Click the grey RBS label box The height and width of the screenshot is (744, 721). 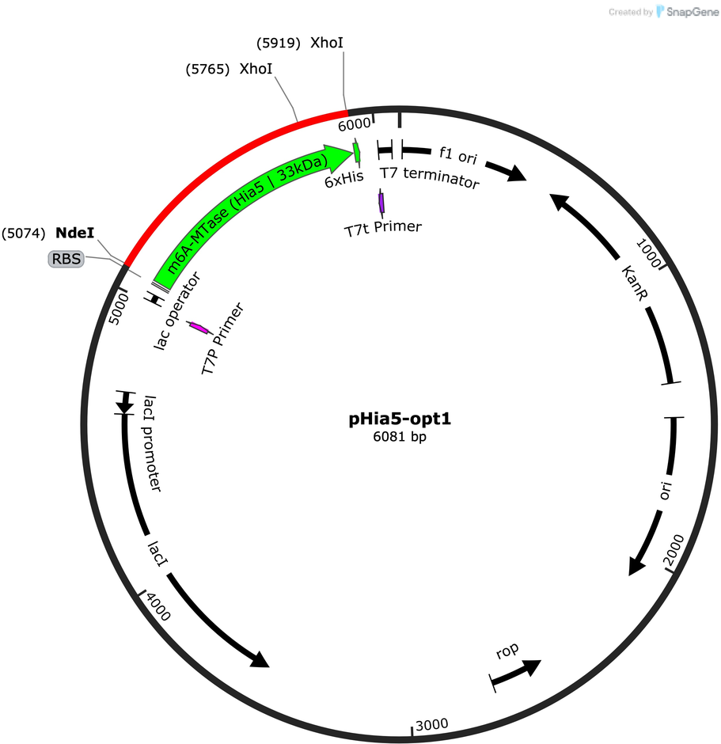[66, 259]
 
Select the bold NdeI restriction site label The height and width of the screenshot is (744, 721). [75, 233]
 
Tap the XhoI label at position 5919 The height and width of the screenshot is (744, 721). [327, 43]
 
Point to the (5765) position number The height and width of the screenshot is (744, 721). [208, 70]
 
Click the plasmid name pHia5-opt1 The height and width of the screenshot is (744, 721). [400, 419]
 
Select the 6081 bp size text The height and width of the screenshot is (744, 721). [400, 437]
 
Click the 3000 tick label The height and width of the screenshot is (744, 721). [431, 724]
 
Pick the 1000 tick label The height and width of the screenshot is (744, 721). [648, 253]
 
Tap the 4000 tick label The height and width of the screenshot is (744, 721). [158, 607]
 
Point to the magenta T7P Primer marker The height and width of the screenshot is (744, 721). [199, 328]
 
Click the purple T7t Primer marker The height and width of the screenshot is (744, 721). [381, 203]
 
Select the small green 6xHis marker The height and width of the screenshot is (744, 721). [357, 152]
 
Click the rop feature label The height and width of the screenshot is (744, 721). [507, 651]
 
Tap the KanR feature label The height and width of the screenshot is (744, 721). [634, 283]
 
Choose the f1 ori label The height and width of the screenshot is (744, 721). [458, 155]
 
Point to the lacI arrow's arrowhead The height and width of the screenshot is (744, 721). [260, 659]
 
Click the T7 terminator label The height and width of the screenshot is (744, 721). [430, 177]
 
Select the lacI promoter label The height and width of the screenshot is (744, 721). [152, 444]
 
